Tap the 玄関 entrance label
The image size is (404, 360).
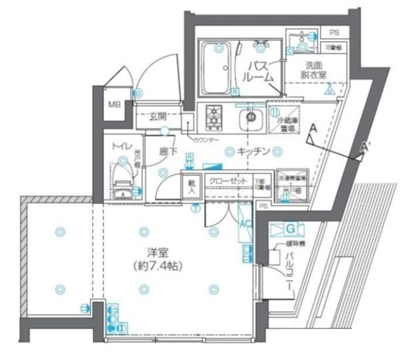[157, 116]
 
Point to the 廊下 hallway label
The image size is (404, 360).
[167, 152]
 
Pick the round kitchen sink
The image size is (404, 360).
[252, 116]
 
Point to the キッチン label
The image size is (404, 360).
[254, 152]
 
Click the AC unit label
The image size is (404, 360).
[245, 222]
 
